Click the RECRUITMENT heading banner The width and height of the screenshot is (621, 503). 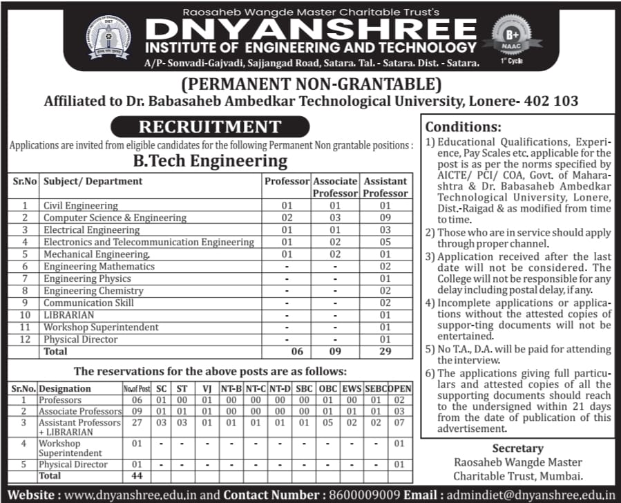point(210,127)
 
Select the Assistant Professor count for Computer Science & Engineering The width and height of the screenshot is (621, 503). point(385,218)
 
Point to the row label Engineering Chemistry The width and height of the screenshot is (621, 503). point(93,291)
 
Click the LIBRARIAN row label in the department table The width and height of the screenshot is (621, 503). point(69,315)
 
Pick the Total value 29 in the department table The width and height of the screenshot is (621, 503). point(385,352)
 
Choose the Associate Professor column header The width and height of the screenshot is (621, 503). point(335,187)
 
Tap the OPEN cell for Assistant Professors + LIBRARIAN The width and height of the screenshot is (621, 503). point(399,422)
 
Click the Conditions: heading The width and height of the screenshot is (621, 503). point(463,127)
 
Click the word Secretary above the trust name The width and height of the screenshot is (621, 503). point(517,448)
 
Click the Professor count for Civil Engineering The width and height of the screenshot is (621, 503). point(287,206)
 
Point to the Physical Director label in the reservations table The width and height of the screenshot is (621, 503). point(75,464)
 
